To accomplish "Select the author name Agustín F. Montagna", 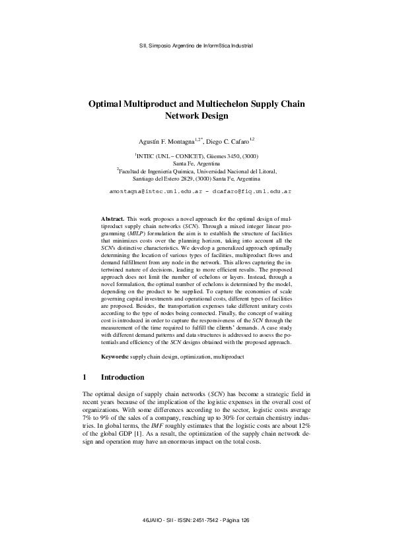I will (166, 140).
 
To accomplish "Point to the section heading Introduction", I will (122, 378).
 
